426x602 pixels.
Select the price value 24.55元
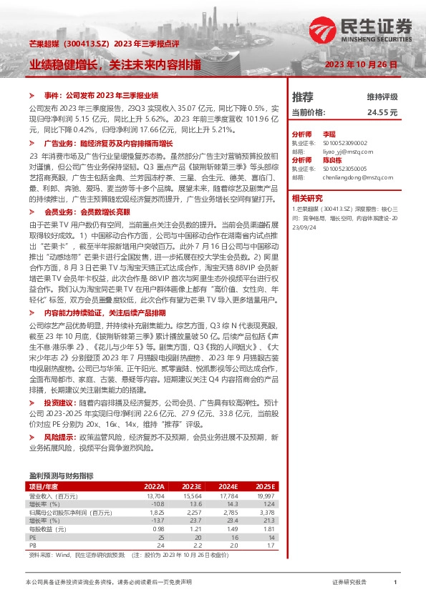coord(382,112)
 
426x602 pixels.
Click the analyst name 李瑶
coord(329,134)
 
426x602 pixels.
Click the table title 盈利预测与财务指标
coord(61,475)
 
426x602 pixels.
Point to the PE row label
coord(32,536)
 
